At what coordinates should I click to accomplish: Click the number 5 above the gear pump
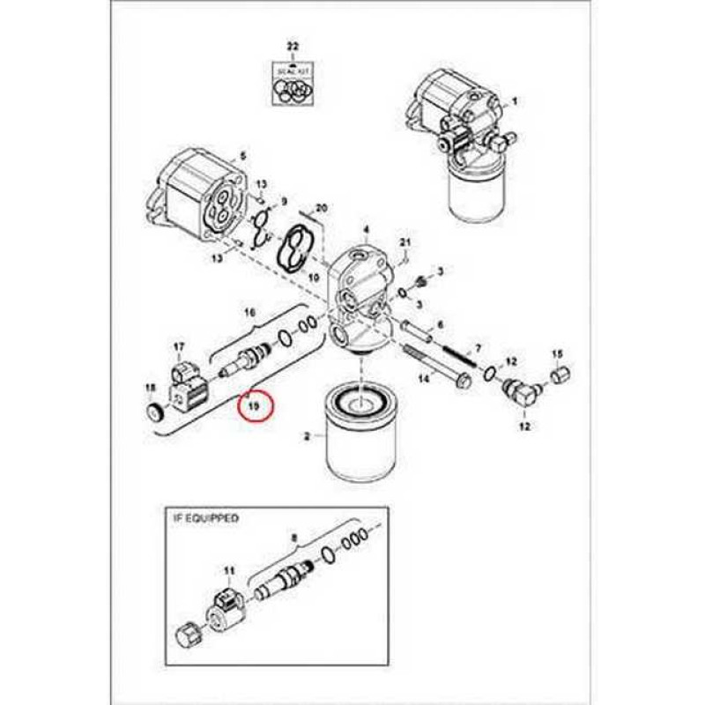(242, 157)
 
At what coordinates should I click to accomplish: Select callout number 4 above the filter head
(366, 229)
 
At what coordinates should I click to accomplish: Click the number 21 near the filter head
(406, 242)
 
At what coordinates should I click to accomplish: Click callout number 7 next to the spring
(478, 349)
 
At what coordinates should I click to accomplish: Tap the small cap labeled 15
(557, 377)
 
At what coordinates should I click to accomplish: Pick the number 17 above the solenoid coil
(179, 346)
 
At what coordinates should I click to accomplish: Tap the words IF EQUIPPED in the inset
(204, 519)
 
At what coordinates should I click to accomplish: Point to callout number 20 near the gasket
(322, 208)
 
